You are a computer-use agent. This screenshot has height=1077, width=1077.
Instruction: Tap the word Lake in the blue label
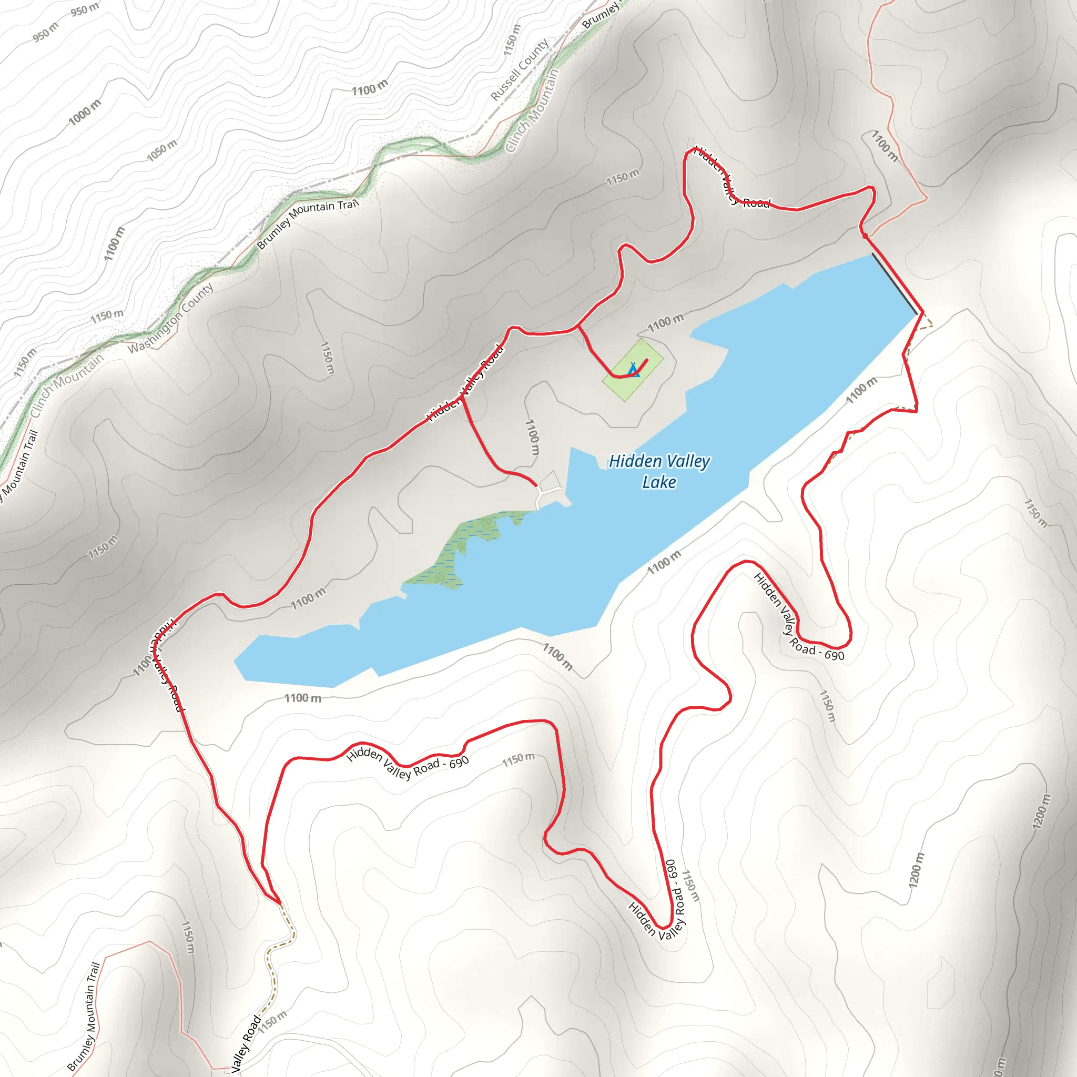point(659,482)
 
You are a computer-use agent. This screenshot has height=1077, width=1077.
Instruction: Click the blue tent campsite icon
point(633,370)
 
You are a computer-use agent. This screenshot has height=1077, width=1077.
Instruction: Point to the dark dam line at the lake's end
point(895,285)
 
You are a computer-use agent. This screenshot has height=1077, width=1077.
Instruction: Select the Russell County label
point(520,70)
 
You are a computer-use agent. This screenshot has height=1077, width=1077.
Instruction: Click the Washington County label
point(170,318)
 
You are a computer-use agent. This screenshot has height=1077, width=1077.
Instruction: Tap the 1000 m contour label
point(85,112)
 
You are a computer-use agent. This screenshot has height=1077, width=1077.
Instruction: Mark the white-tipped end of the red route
point(647,359)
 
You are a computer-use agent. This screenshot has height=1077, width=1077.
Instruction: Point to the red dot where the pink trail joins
point(865,235)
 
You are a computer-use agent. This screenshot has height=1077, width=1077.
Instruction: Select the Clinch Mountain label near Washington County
point(67,384)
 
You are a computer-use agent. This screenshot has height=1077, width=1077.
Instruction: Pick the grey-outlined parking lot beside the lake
point(550,480)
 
